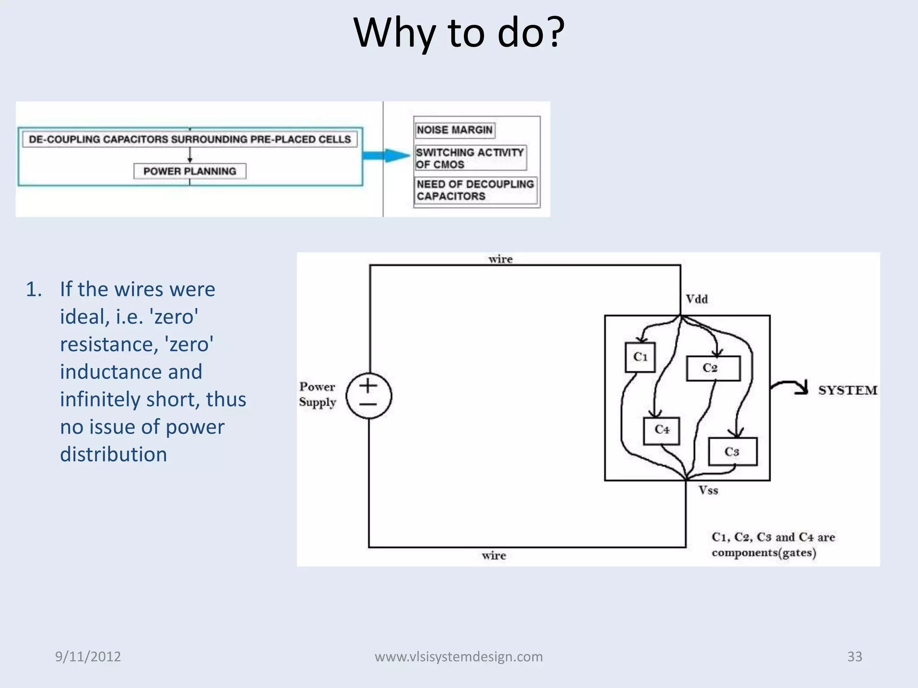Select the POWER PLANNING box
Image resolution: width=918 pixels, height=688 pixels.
point(190,171)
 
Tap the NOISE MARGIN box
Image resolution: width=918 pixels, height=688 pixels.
point(455,130)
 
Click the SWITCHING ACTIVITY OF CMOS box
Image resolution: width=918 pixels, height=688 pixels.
point(470,158)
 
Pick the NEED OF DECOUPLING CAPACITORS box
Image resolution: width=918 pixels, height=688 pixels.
point(475,190)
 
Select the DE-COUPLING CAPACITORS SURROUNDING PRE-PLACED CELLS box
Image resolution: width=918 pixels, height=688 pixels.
point(190,139)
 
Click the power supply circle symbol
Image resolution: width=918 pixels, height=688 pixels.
point(369,396)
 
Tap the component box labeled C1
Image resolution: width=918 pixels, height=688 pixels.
point(640,357)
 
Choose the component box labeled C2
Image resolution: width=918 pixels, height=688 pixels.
point(713,368)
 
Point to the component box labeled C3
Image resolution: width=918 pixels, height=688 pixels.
point(732,451)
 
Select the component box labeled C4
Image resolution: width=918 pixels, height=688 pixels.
point(661,430)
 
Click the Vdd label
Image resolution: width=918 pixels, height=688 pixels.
point(697,299)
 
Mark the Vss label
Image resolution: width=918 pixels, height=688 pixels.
point(708,490)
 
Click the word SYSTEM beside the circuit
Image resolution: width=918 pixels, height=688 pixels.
point(848,390)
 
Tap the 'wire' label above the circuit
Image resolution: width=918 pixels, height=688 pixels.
point(500,259)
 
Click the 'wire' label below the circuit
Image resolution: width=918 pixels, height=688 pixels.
point(494,556)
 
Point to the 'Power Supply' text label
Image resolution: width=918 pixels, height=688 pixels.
point(317,394)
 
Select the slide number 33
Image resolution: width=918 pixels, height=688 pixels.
point(854,657)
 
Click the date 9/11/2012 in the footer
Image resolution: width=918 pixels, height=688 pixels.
point(88,657)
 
